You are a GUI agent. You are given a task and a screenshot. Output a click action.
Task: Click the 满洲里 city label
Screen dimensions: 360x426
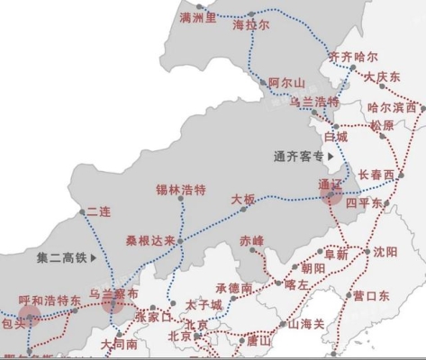pyautogui.click(x=198, y=17)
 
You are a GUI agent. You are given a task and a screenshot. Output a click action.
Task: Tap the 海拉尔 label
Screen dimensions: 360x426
pyautogui.click(x=251, y=26)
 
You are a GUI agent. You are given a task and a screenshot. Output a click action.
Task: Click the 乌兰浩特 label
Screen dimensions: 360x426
pyautogui.click(x=313, y=103)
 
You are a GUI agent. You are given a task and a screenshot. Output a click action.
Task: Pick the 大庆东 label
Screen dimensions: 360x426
pyautogui.click(x=383, y=78)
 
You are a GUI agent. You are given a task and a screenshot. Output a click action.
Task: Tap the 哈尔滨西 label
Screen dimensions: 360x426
pyautogui.click(x=393, y=108)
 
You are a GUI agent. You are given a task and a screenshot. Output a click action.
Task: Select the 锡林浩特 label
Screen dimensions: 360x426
pyautogui.click(x=181, y=190)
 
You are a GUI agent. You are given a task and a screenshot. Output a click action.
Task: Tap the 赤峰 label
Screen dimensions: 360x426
pyautogui.click(x=253, y=240)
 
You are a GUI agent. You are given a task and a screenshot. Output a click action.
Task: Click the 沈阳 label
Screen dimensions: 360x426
pyautogui.click(x=385, y=252)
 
